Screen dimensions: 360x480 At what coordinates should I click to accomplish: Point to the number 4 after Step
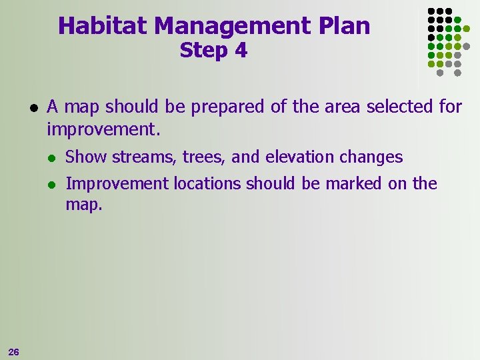pos(240,51)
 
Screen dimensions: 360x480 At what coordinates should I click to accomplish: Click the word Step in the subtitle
pos(203,51)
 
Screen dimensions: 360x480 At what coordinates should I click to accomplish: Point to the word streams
pos(137,157)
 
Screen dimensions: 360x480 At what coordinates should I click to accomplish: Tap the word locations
pos(208,183)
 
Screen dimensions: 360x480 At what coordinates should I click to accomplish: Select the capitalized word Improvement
pos(117,184)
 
